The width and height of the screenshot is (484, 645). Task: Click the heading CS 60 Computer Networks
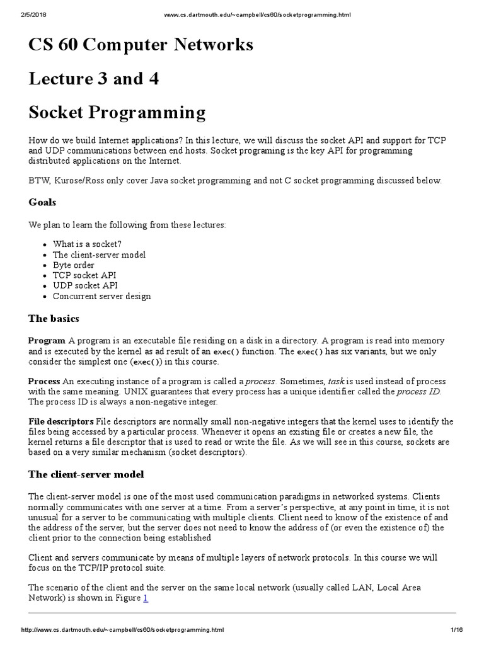coord(141,45)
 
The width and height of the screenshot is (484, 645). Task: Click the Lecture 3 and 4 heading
coord(93,79)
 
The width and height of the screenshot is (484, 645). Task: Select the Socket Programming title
coord(117,113)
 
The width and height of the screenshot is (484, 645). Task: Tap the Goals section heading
coord(42,202)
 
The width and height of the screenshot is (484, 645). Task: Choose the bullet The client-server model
coord(99,254)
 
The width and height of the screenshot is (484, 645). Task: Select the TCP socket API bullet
coord(84,275)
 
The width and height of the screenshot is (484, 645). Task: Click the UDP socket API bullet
coord(85,285)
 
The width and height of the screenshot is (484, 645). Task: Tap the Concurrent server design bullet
coord(102,296)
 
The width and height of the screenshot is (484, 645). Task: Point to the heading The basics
coord(54,318)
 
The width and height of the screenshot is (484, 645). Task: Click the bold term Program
coord(47,341)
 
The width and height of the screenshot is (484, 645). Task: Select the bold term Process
coord(44,382)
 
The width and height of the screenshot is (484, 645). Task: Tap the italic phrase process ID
coord(418,392)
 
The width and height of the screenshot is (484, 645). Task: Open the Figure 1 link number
coord(146,598)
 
